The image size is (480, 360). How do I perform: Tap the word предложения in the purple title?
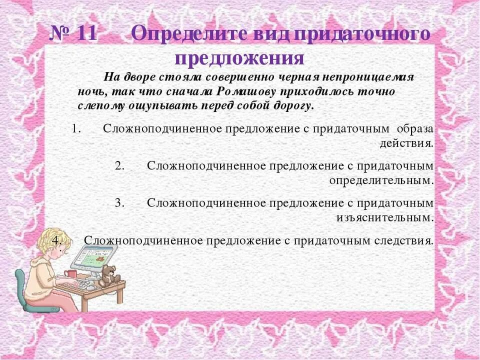tap(239, 58)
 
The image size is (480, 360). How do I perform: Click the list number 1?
tap(75, 128)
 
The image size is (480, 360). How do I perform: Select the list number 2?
tap(119, 166)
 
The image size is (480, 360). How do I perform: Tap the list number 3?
tap(119, 202)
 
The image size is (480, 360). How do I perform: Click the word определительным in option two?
tap(381, 180)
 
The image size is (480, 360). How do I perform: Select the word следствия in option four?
tap(403, 240)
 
